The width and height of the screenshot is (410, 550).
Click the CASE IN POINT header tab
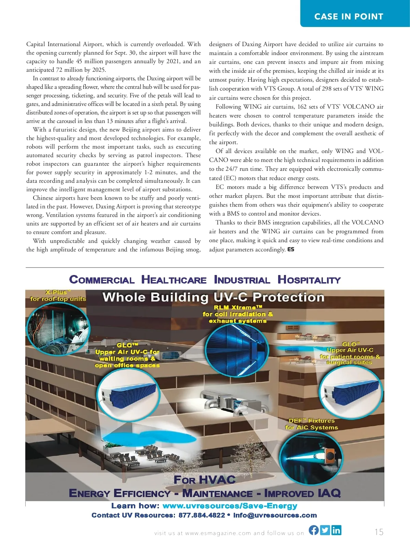tap(348, 16)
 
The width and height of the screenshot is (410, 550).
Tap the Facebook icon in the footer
tap(314, 530)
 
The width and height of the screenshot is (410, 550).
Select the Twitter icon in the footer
tap(325, 530)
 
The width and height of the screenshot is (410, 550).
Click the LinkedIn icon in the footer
tap(336, 530)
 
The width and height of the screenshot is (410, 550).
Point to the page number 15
tap(379, 532)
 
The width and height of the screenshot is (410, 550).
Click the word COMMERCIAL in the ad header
tap(102, 280)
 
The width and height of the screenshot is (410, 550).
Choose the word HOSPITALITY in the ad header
tap(309, 280)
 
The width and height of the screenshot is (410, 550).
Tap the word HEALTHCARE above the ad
tap(174, 280)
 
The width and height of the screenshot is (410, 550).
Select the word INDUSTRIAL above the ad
tap(242, 280)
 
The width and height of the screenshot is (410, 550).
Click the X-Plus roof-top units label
tap(58, 295)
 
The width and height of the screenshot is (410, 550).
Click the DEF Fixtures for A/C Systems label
tap(311, 424)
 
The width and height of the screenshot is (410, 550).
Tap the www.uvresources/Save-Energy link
tap(230, 506)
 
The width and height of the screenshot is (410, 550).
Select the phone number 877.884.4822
tap(202, 515)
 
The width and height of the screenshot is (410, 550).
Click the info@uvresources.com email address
tap(275, 515)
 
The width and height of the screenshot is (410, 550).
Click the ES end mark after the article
tap(291, 249)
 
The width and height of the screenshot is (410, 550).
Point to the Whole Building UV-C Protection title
tap(214, 297)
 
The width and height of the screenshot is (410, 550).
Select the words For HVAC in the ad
tap(205, 480)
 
